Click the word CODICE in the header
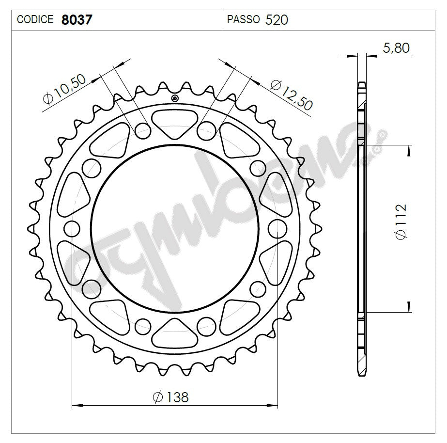35,20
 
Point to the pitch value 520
277,20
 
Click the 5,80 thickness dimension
396,47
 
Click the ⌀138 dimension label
170,397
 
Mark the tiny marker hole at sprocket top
175,99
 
